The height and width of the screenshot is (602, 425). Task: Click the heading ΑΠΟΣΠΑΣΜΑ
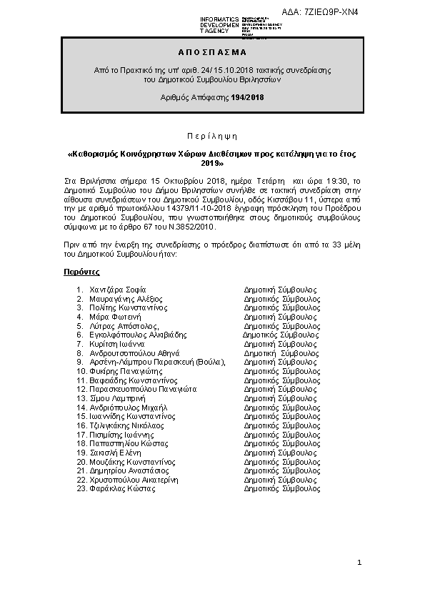pos(211,52)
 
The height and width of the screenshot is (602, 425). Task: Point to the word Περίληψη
pos(212,136)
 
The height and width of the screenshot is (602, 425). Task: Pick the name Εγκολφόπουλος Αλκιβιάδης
pos(138,334)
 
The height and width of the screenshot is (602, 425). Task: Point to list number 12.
pos(81,389)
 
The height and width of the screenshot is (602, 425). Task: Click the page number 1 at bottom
pos(360,565)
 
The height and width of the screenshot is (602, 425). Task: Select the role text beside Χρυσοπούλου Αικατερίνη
pos(280,480)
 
